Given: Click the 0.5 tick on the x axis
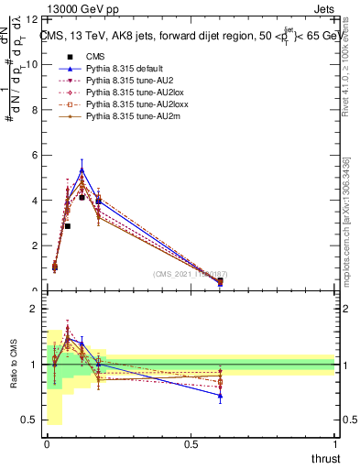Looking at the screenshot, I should coord(191,444).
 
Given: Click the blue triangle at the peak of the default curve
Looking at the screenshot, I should coord(82,169).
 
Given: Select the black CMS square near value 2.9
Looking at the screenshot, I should coord(68,226).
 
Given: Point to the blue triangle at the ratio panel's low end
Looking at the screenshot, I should coord(220,396).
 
